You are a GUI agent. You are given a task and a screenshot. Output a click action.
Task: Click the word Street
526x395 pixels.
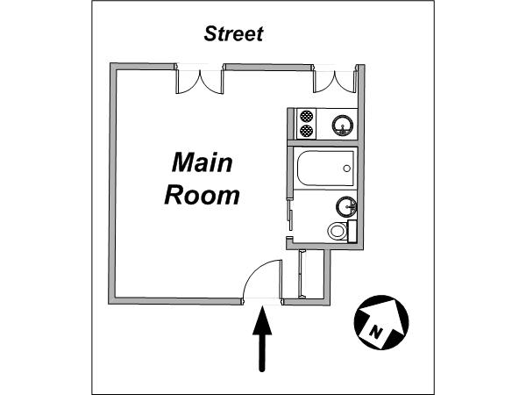point(233,34)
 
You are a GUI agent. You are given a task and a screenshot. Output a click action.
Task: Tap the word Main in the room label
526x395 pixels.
point(202,162)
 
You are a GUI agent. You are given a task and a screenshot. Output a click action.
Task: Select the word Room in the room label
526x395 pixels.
point(202,195)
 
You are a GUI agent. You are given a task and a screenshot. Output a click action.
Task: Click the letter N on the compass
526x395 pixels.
point(376,332)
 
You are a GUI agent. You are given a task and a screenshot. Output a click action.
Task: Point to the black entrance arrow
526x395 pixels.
point(262,339)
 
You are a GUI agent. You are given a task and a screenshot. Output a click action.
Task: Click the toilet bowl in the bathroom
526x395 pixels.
point(338,231)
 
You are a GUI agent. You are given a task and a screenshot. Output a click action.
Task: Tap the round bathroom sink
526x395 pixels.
point(346,206)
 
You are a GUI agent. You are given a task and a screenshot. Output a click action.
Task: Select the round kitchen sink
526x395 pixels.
point(343,125)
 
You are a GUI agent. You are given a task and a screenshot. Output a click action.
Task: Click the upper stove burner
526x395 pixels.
point(306,116)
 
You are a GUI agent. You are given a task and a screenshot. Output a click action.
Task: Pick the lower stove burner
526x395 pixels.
point(306,131)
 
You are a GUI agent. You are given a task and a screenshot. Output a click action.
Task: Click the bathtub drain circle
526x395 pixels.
point(346,169)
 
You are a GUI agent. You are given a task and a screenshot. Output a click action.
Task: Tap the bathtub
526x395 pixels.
point(325,169)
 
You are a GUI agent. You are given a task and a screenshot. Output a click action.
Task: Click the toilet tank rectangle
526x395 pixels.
point(352,232)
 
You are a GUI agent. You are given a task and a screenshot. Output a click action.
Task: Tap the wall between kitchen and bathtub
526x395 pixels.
point(323,143)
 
